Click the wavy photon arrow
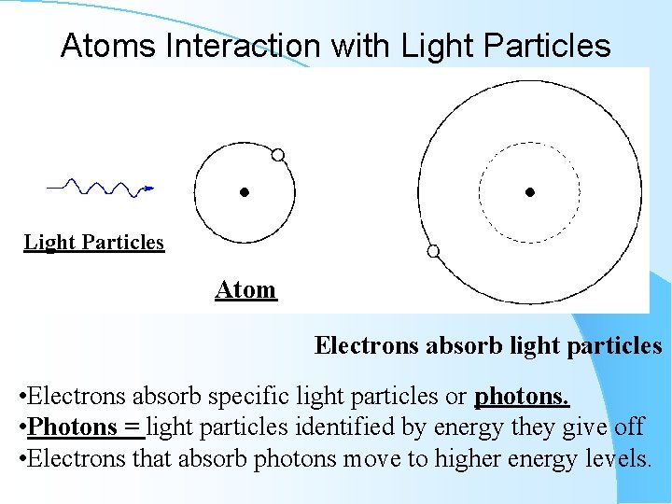click(x=101, y=187)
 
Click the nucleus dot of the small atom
click(x=244, y=193)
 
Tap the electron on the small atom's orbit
click(x=277, y=154)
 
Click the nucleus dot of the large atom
click(x=529, y=193)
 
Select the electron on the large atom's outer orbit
click(x=433, y=250)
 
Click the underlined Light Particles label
click(x=93, y=243)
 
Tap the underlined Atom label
click(x=245, y=290)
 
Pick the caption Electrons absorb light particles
click(x=488, y=346)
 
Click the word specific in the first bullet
click(x=245, y=397)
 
